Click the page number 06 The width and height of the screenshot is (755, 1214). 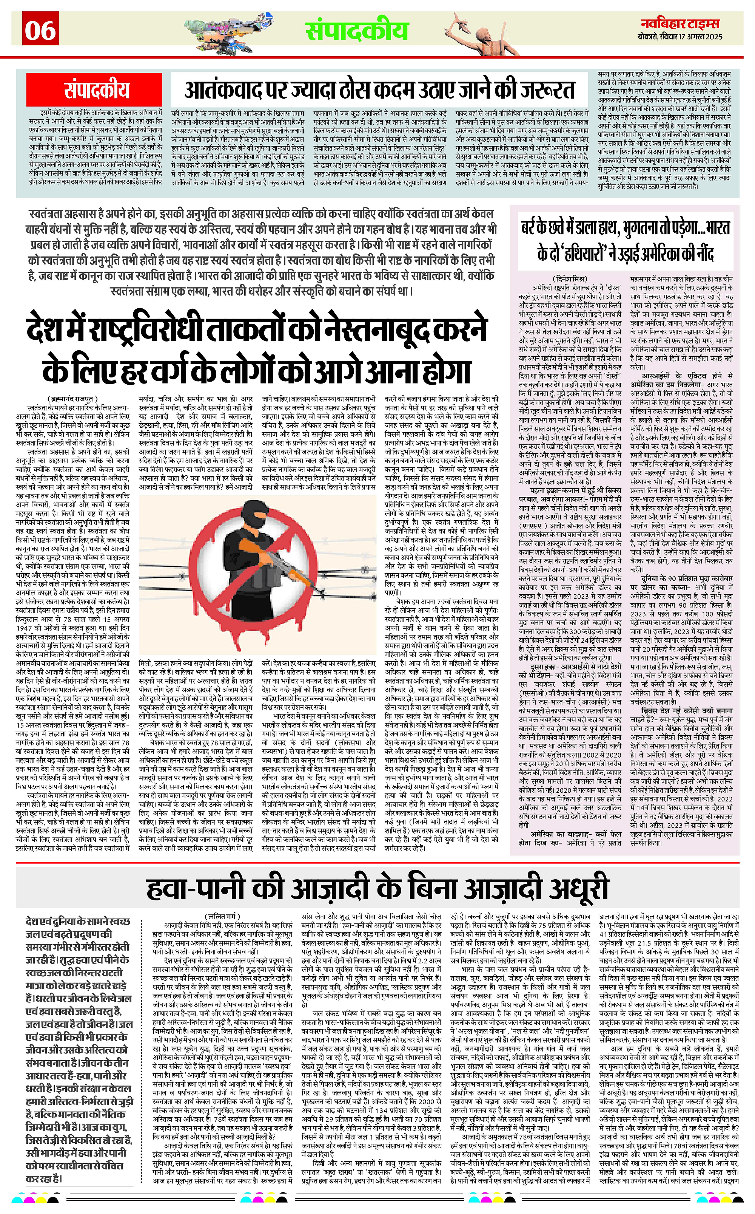point(41,30)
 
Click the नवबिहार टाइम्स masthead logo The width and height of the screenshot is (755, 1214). point(680,23)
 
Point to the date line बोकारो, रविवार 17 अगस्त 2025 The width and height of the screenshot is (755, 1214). point(680,37)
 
